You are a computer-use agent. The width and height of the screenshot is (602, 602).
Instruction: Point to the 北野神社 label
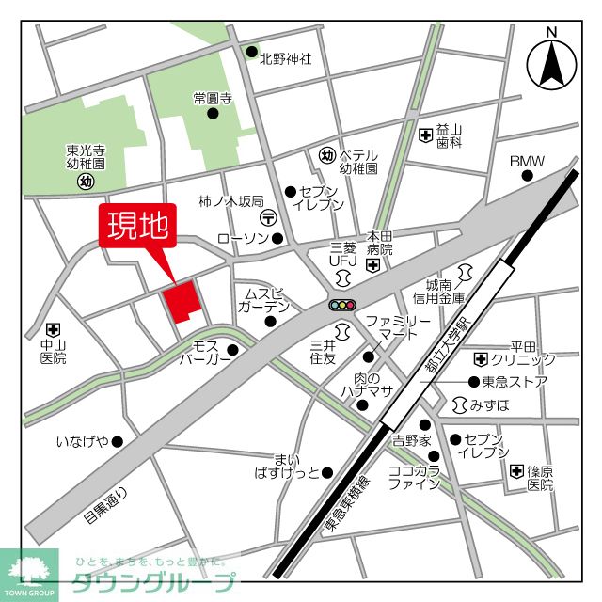click(286, 57)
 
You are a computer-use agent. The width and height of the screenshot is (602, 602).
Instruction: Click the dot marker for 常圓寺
click(213, 115)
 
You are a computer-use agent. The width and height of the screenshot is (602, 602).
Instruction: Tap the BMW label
click(527, 162)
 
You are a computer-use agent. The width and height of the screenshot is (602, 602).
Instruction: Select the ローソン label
click(242, 238)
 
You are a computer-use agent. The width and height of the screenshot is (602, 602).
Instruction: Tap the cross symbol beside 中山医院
click(53, 330)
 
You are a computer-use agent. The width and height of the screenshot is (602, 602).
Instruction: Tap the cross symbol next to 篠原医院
click(516, 470)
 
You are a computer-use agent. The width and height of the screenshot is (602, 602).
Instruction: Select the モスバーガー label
click(204, 353)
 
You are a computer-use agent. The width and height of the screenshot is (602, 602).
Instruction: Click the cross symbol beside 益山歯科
click(425, 135)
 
